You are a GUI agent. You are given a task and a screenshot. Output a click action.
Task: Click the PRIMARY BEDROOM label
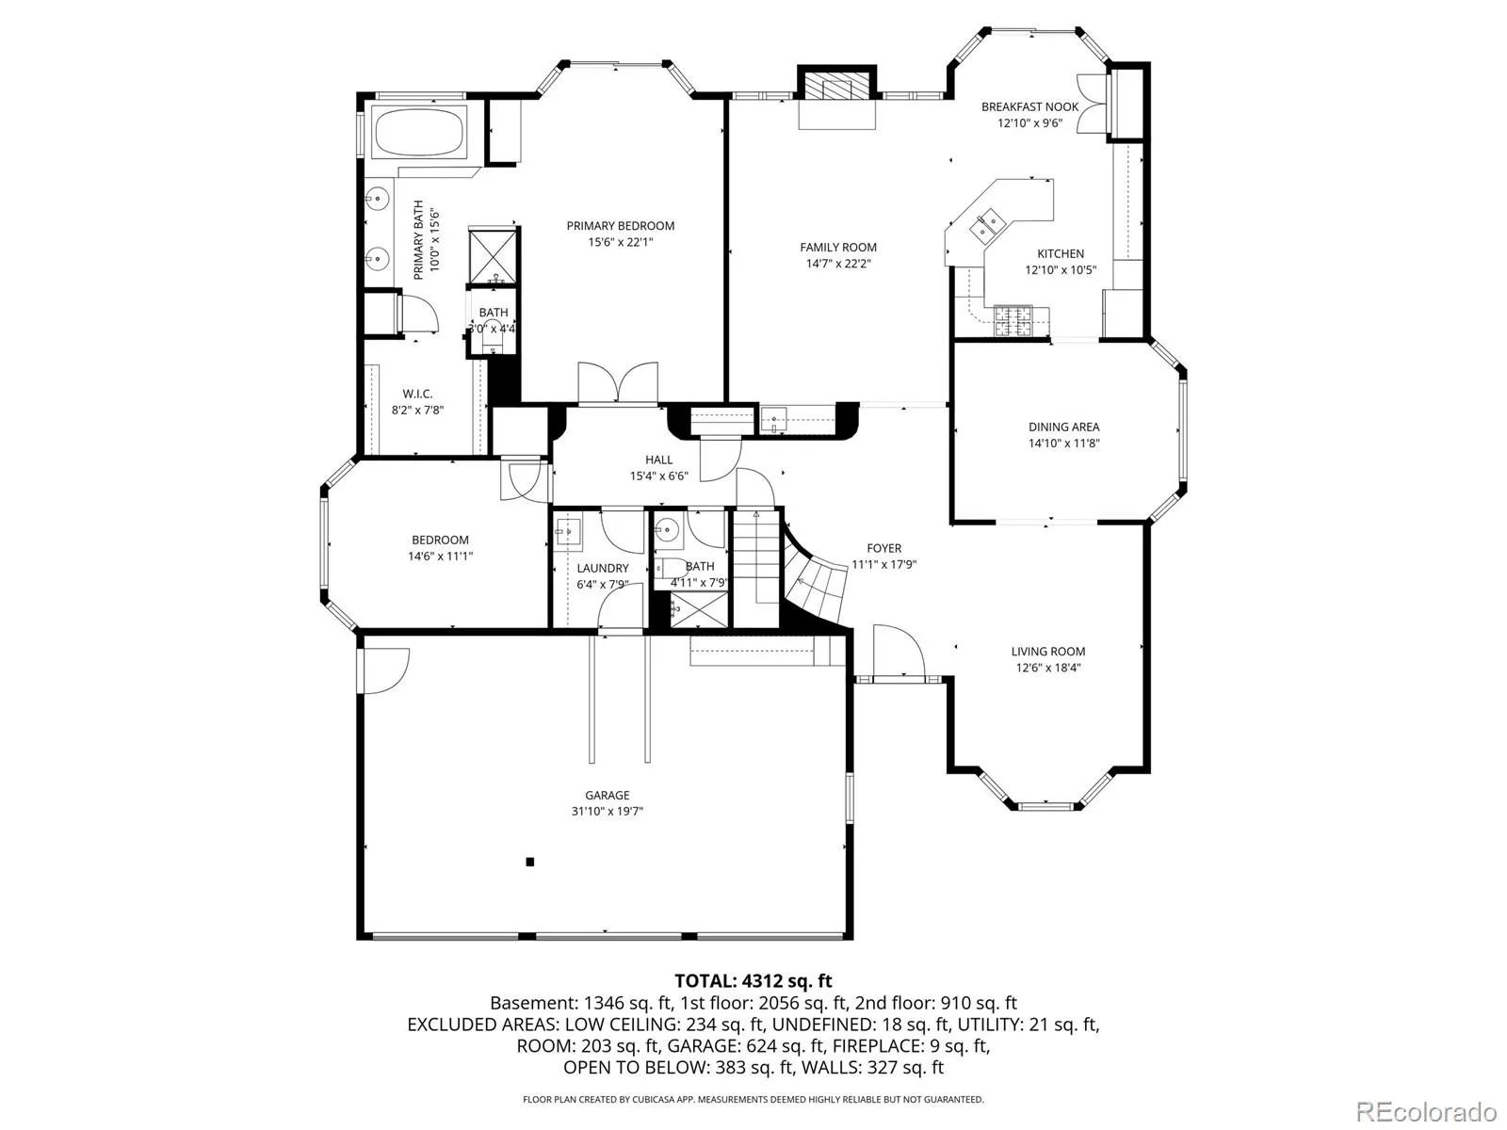pos(620,226)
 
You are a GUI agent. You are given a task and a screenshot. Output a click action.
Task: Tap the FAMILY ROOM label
pos(837,247)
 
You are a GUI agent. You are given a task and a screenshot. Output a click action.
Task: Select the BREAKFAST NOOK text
pos(1029,107)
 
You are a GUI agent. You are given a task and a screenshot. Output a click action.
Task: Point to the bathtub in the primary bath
pos(420,132)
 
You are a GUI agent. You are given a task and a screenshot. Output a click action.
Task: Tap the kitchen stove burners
pos(1013,321)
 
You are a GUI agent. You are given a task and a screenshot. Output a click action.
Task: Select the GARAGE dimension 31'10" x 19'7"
pos(607,811)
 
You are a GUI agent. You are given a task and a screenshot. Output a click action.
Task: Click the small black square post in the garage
pos(529,862)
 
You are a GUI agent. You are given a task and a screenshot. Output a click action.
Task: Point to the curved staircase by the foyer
pos(814,576)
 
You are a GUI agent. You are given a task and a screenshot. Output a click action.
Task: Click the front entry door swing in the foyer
pos(899,651)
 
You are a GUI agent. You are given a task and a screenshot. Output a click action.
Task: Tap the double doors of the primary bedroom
pos(618,383)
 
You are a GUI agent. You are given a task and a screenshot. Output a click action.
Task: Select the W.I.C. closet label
pos(417,394)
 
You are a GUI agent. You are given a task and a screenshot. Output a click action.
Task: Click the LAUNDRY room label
pos(602,568)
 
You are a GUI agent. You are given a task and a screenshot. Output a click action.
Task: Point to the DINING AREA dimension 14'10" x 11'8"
pos(1063,444)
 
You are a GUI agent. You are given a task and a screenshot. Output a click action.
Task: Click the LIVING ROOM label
pos(1047,651)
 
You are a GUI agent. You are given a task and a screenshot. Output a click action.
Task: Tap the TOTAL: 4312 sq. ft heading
pos(753,980)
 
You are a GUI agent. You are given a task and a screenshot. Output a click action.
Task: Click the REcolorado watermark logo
pos(1427,1110)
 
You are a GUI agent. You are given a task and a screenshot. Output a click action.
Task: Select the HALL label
pos(658,460)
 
